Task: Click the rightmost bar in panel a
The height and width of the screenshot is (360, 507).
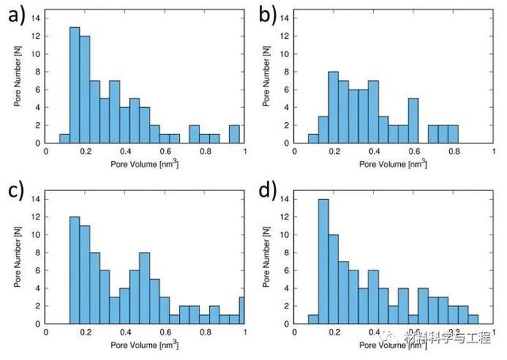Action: (234, 134)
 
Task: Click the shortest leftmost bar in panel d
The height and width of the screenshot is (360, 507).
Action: (313, 320)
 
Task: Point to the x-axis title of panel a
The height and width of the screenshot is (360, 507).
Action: (146, 164)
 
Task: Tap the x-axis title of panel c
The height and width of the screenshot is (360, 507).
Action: (146, 345)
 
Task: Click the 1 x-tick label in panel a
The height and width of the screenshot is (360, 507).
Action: (244, 152)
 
